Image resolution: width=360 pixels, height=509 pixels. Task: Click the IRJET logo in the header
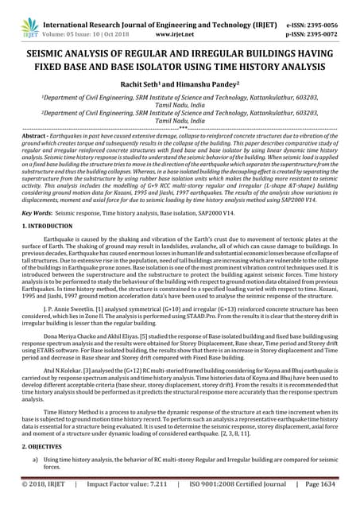(16, 14)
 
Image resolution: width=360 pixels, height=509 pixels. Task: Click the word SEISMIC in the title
(55, 48)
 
